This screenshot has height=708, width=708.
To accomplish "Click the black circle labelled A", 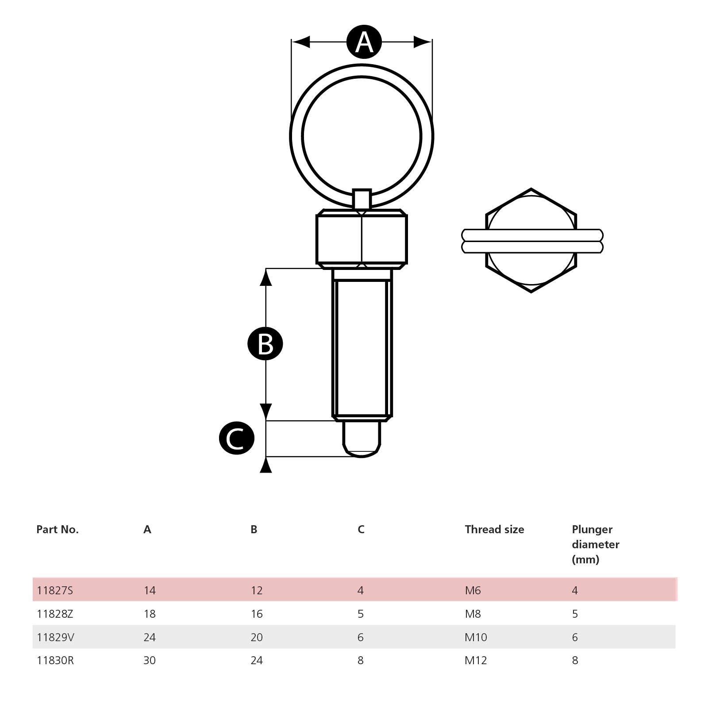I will [364, 42].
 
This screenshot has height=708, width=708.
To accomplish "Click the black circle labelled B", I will [265, 344].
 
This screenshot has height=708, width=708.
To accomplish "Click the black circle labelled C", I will [237, 438].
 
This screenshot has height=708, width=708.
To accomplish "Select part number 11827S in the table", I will [55, 590].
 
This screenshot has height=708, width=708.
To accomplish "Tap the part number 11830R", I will [55, 660].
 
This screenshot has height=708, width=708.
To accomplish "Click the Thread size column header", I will [494, 529].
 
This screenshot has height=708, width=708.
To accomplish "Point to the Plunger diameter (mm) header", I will [595, 544].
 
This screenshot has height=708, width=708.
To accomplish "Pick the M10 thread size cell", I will [476, 637].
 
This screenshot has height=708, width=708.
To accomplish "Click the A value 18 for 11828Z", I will [150, 614].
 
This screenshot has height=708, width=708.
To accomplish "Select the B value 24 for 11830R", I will [257, 660].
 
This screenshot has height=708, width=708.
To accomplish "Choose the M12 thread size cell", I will [476, 660].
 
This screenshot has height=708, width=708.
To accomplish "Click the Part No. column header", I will [58, 529].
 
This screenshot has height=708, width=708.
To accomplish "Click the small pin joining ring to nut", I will [362, 199].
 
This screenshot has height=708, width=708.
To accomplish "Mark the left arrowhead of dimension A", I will [301, 42].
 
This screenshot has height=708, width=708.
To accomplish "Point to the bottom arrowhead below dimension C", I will [265, 466].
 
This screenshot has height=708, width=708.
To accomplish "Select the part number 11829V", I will [55, 637].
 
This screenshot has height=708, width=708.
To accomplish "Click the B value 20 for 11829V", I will [257, 637].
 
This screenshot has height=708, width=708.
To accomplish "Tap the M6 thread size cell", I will [473, 590].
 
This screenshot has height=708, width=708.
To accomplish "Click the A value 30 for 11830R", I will [150, 660].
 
